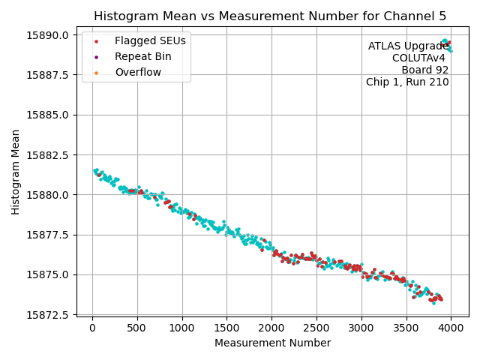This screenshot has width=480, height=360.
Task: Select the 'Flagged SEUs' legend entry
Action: (150, 40)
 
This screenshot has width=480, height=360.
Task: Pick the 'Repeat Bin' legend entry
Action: (142, 56)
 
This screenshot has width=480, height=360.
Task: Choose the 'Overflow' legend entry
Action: (138, 72)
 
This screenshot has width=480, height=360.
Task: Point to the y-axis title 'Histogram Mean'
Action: (16, 172)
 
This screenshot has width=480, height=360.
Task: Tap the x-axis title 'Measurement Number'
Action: (272, 343)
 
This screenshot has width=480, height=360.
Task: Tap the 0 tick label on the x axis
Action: (92, 327)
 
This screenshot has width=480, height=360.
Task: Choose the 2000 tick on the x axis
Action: (271, 327)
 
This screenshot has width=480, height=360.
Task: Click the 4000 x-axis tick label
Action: (451, 327)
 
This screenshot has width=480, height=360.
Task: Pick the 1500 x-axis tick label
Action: (226, 327)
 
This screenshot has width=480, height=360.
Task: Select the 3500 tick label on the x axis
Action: (406, 327)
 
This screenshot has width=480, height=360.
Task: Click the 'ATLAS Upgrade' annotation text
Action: (408, 46)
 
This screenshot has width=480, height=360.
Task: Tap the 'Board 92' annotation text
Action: (424, 70)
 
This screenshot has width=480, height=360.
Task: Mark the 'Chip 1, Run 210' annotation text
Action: (407, 82)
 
